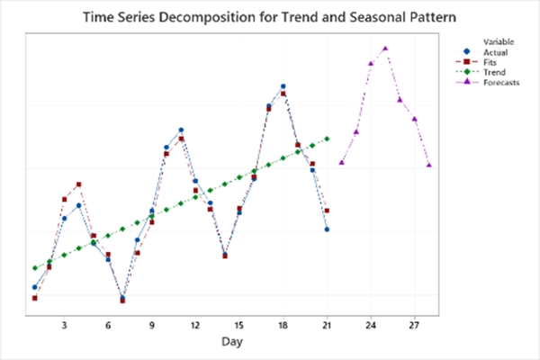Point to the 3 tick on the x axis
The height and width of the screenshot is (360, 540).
coord(64,325)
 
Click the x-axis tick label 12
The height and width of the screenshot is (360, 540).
coord(195,325)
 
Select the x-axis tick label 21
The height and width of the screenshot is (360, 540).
coord(326,325)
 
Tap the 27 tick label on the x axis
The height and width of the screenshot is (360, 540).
coord(414,325)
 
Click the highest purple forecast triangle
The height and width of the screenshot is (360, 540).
coord(385,49)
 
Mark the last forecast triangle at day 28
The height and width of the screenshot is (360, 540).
coord(429,165)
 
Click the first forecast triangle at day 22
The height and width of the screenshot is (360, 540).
coord(341,162)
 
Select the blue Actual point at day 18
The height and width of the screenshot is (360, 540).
coord(283,86)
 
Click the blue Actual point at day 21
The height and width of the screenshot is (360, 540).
coord(327,229)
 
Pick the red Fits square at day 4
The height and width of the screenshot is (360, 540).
coord(79,184)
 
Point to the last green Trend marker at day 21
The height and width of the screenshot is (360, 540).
coord(327,139)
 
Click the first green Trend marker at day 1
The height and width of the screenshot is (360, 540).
coord(35,268)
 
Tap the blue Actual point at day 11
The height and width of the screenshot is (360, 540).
coord(181,130)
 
